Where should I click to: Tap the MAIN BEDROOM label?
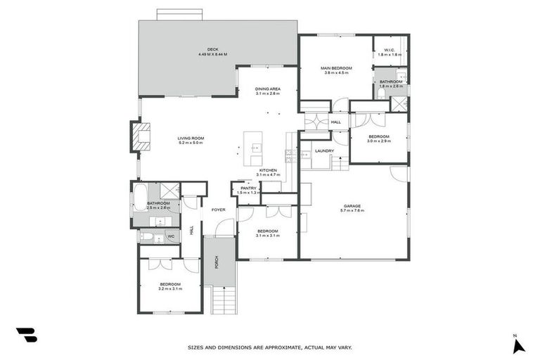tap(335, 67)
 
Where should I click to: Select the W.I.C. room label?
tap(390, 49)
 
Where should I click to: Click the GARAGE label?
tap(352, 206)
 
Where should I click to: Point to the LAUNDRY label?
tap(324, 150)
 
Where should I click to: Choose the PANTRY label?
tap(248, 188)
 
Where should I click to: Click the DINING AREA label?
tap(267, 88)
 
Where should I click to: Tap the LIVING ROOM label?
tap(190, 138)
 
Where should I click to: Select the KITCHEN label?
tap(268, 170)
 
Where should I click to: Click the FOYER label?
tap(219, 209)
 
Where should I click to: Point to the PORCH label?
tap(217, 262)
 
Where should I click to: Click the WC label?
tap(171, 236)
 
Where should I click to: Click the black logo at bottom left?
tap(26, 335)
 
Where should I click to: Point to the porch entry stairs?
tap(223, 300)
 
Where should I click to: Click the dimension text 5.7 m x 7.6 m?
tap(352, 211)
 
